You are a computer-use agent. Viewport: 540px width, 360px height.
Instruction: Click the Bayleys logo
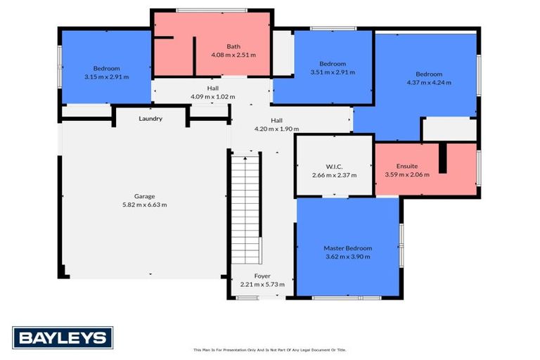[x=62, y=337]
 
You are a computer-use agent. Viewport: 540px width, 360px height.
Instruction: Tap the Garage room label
[x=145, y=196]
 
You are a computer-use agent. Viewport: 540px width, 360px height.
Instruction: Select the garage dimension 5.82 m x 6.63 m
[x=145, y=205]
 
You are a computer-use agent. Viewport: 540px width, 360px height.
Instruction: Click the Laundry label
[x=150, y=119]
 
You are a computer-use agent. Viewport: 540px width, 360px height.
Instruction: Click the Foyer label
[x=262, y=276]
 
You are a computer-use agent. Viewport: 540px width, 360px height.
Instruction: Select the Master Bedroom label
[x=347, y=248]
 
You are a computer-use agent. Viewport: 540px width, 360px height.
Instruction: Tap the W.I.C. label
[x=333, y=167]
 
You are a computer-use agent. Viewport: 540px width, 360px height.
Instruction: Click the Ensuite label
[x=406, y=167]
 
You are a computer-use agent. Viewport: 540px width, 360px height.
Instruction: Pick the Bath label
[x=233, y=46]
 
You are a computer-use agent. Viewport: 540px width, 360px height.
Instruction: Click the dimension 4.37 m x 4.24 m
[x=428, y=82]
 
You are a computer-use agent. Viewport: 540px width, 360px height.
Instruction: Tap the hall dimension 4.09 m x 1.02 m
[x=212, y=96]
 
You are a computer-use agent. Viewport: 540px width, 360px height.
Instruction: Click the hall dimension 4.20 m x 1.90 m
[x=276, y=129]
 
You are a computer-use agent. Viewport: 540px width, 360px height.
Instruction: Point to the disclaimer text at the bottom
[x=270, y=349]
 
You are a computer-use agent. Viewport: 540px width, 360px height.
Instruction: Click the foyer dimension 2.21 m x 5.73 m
[x=262, y=285]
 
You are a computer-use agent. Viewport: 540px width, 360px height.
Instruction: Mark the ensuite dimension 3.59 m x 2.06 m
[x=406, y=174]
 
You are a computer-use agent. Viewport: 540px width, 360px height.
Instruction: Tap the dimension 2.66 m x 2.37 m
[x=333, y=175]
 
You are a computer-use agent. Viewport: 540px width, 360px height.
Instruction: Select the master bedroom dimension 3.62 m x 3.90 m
[x=347, y=257]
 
